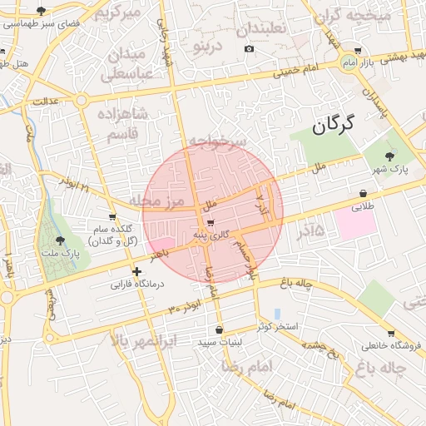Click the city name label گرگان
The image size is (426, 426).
coord(333,126)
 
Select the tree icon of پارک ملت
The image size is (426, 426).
coord(59,241)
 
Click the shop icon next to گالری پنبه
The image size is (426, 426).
coord(210,223)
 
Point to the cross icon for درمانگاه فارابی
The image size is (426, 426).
coord(136,271)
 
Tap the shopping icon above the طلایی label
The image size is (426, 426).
coord(362,192)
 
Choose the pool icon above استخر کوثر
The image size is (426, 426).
coord(277,313)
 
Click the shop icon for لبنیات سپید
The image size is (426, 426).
coord(220,329)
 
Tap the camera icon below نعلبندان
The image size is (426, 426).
coord(249,49)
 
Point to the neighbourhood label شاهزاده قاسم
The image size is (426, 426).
coord(122,122)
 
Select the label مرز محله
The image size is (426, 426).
coord(155,202)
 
